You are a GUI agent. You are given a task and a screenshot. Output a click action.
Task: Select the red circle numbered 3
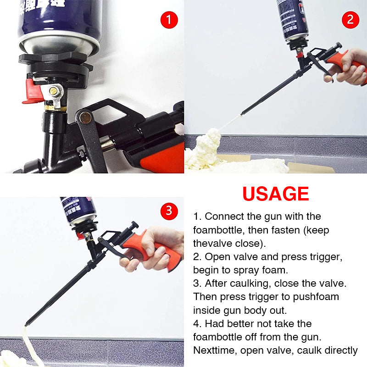tap(169, 211)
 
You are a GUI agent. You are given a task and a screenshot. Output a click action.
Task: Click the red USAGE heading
tap(276, 194)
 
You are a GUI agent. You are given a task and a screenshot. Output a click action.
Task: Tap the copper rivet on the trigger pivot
tap(85, 117)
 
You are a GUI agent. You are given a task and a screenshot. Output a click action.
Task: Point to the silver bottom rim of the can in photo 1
tap(60, 46)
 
